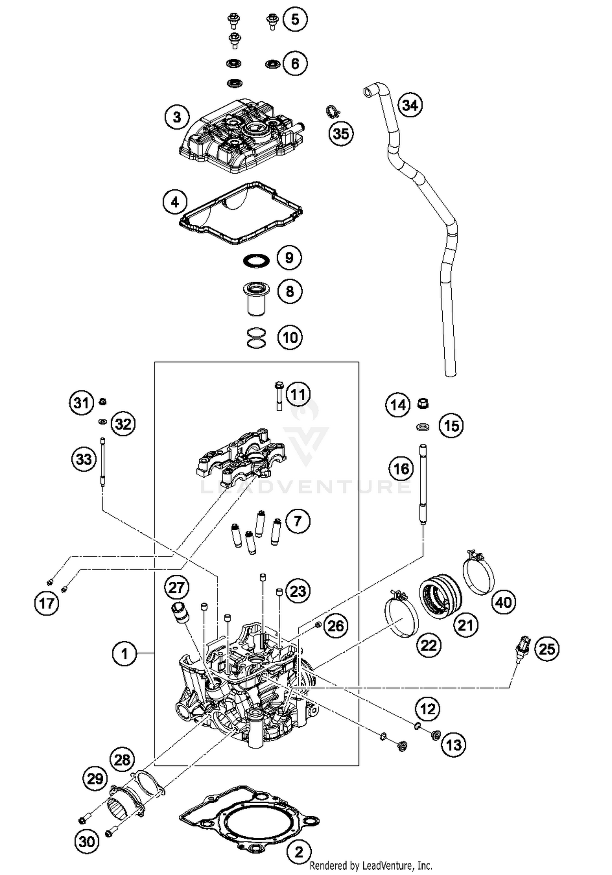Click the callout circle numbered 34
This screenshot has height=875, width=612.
(x=410, y=105)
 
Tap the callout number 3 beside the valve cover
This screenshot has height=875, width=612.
(x=177, y=117)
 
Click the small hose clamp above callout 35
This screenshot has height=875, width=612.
(x=333, y=111)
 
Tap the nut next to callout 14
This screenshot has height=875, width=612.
(x=423, y=404)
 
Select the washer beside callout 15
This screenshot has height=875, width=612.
(x=423, y=427)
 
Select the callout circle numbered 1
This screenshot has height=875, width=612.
(x=124, y=654)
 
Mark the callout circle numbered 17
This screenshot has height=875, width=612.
(x=47, y=603)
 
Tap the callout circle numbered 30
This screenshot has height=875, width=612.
(x=87, y=841)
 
